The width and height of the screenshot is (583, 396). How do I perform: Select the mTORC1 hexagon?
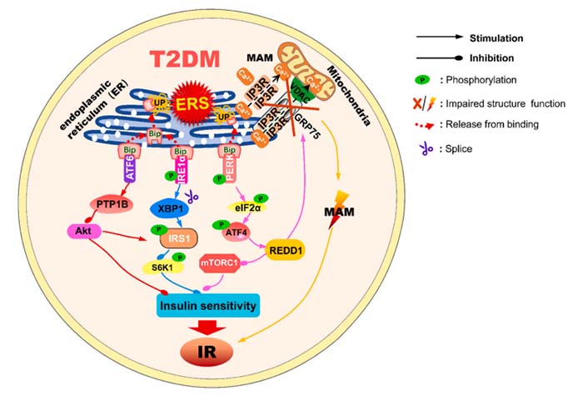point(221,264)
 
